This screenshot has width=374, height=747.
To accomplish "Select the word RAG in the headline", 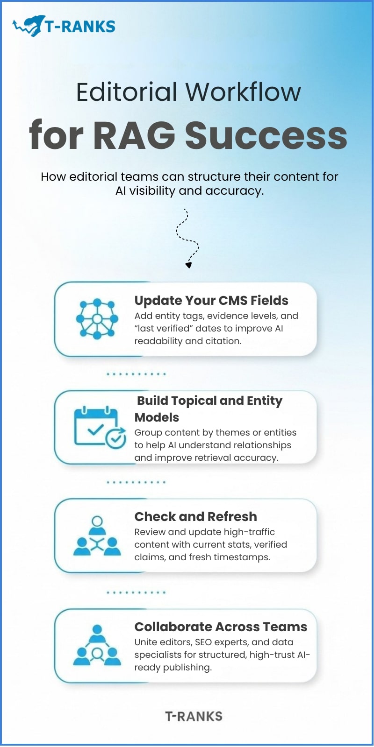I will [134, 135].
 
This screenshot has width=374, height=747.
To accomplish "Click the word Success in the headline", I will [266, 135].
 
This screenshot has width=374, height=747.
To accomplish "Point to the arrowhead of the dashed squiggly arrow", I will [188, 265].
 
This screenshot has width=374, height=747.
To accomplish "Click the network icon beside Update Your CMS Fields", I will [97, 319].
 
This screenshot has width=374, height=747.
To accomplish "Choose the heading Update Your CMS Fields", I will [211, 300].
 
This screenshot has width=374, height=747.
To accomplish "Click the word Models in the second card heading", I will [157, 417].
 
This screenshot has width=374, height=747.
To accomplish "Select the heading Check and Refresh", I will [195, 516].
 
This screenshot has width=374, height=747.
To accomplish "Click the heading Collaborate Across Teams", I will [221, 627].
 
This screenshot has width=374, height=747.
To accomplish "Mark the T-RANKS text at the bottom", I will [194, 716].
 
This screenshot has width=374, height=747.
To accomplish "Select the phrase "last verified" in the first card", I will [164, 328].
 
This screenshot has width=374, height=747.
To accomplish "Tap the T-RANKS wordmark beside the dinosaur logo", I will [80, 27].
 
